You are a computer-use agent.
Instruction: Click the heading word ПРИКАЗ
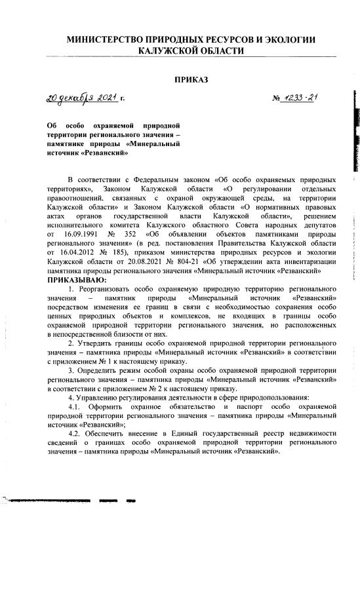click(191, 80)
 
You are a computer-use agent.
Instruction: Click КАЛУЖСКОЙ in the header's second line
click(170, 50)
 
